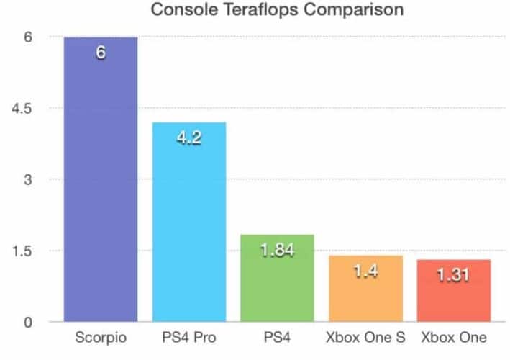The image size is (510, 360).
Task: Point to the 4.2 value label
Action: click(189, 137)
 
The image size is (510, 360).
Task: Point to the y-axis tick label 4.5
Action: click(24, 108)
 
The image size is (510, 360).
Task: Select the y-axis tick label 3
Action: click(28, 179)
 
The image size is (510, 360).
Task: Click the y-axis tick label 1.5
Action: click(24, 251)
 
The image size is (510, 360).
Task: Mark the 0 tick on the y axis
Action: click(28, 322)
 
